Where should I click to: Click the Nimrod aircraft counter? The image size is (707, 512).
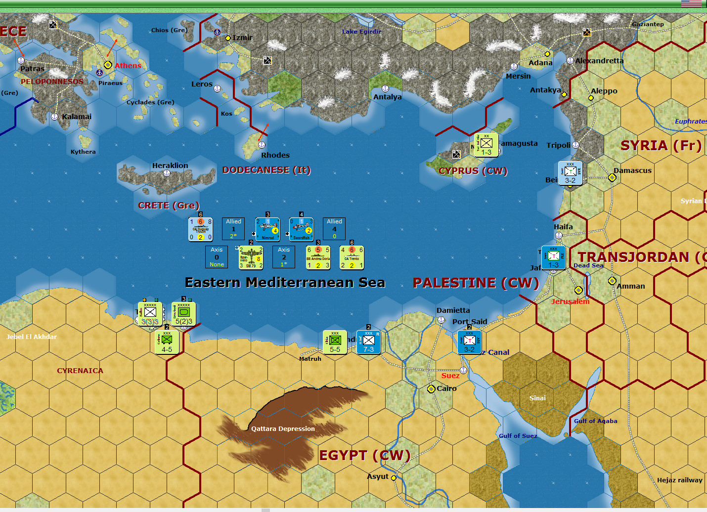coord(267,229)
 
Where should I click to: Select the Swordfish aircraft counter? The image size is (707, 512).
coord(301,229)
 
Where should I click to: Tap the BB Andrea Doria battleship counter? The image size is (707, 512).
coord(318,257)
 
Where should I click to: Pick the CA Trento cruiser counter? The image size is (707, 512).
coord(352,257)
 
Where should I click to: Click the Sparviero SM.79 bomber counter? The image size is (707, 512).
coord(251,257)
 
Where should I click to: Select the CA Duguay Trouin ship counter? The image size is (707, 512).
coord(200,229)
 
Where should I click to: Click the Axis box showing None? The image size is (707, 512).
coord(217,257)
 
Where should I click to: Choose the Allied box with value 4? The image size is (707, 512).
coord(334,229)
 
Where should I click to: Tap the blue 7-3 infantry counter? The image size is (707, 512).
coord(368,342)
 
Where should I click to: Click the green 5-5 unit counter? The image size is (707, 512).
coord(335,342)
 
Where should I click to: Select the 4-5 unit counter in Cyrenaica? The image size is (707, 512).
coord(167,342)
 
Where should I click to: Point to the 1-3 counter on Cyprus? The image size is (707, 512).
coord(486,145)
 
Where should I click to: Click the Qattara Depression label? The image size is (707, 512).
coord(283,429)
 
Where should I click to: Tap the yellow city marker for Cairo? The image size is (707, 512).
coord(431,389)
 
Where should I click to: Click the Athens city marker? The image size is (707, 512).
coord(108,65)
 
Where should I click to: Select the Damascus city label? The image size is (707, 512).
coord(632,171)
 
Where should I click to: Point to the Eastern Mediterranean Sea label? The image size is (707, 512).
coord(285,283)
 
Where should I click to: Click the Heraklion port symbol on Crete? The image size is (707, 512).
coord(167,173)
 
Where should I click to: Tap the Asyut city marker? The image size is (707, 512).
coord(394,478)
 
